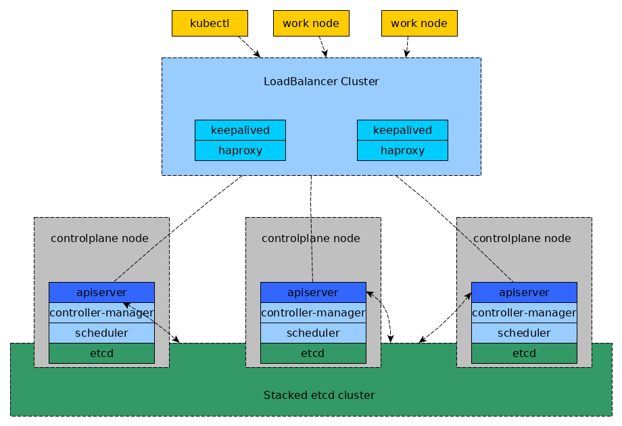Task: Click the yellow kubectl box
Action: click(210, 23)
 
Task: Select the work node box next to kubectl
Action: click(311, 23)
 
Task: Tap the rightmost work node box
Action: click(419, 23)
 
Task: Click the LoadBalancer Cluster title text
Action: click(321, 81)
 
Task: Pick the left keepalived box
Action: click(240, 130)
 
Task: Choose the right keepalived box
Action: click(402, 130)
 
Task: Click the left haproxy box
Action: click(240, 150)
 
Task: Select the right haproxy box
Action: click(402, 150)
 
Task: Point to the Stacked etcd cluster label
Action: click(319, 395)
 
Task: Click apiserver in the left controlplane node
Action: click(101, 292)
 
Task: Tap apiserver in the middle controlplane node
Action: click(313, 292)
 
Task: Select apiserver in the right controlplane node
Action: click(524, 292)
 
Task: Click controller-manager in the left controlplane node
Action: click(101, 312)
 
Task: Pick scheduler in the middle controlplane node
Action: click(313, 333)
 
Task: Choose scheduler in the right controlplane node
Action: click(524, 333)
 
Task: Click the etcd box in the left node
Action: click(101, 353)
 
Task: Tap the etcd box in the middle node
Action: click(313, 353)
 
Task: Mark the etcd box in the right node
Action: click(524, 353)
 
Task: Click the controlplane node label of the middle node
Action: click(311, 238)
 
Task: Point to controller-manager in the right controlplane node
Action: click(524, 312)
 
